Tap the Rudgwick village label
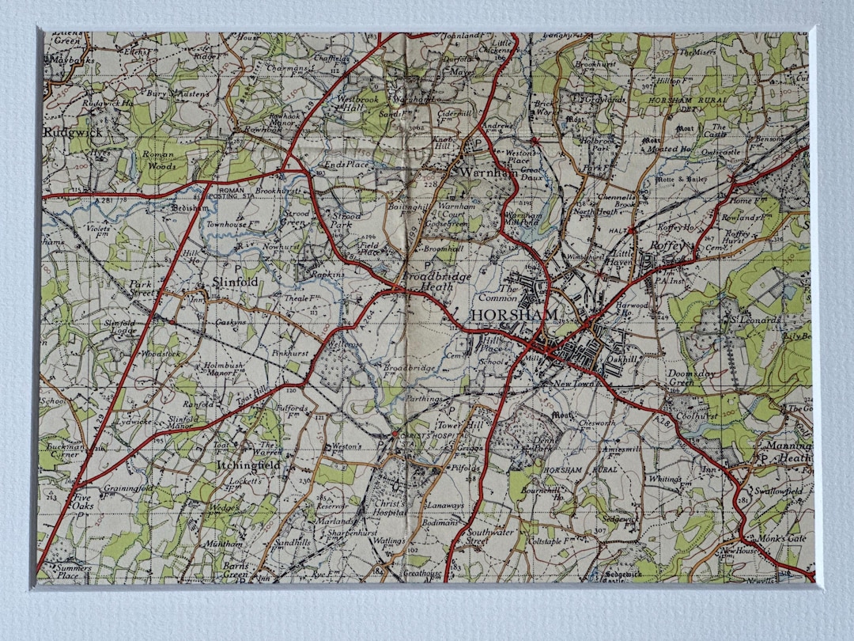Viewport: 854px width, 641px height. [66, 133]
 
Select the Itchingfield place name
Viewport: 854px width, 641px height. [248, 465]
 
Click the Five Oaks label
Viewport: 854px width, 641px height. [82, 503]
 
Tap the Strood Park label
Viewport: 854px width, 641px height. [345, 221]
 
